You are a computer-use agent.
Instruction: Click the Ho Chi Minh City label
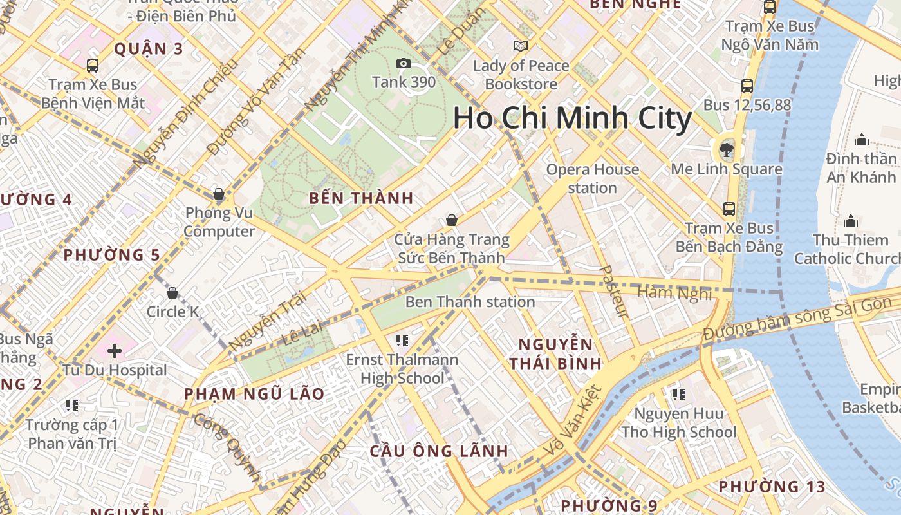point(572,118)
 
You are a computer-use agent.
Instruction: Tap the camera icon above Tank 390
point(404,63)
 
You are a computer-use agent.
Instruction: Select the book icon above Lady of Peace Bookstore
point(521,46)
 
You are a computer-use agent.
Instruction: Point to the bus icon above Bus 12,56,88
point(747,86)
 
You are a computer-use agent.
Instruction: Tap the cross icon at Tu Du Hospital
point(115,351)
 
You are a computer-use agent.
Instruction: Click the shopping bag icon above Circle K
point(172,294)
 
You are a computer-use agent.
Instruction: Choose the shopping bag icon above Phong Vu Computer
point(219,194)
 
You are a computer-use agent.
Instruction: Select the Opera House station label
point(592,178)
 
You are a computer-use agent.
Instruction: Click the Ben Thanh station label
point(470,302)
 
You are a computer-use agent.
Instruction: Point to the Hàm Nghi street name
point(674,293)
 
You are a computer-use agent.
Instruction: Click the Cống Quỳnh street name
point(227,447)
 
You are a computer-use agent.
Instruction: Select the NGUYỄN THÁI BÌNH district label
point(555,353)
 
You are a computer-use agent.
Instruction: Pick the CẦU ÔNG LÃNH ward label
point(439,451)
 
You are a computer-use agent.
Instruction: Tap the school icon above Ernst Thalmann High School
point(402,340)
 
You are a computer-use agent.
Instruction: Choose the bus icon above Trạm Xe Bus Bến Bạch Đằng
point(729,209)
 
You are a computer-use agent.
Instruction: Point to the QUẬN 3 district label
point(149,49)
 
